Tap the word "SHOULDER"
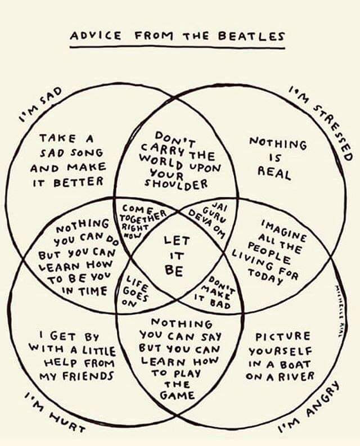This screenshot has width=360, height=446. pyautogui.click(x=177, y=184)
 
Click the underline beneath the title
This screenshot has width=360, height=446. pyautogui.click(x=178, y=48)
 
